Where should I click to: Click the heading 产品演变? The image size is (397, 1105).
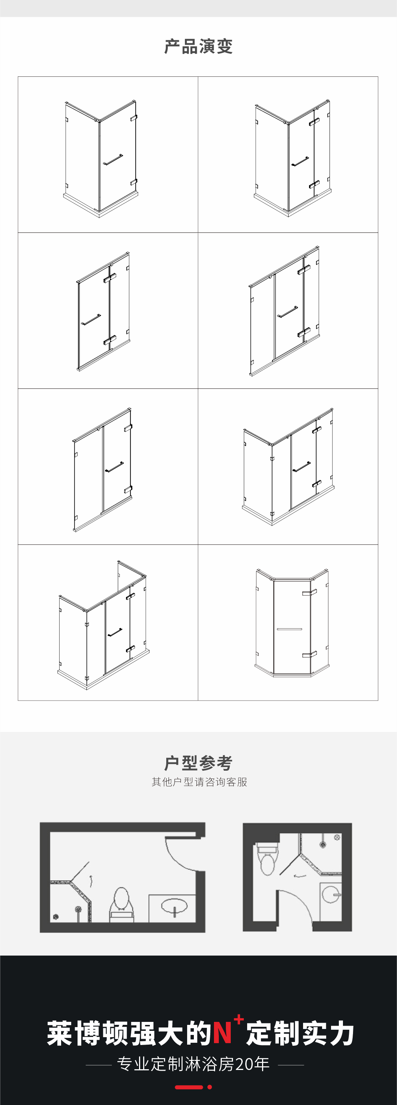198,46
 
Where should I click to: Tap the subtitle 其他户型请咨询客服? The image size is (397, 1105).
199,782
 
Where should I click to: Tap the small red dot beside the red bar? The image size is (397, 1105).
209,1087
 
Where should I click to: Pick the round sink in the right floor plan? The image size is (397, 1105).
331,895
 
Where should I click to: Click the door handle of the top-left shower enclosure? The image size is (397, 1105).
113,160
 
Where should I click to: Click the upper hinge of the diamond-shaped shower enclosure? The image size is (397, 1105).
309,593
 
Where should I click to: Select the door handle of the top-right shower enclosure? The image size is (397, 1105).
300,162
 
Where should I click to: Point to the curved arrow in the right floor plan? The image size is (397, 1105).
300,875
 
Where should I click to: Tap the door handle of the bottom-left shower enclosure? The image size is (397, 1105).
114,632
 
